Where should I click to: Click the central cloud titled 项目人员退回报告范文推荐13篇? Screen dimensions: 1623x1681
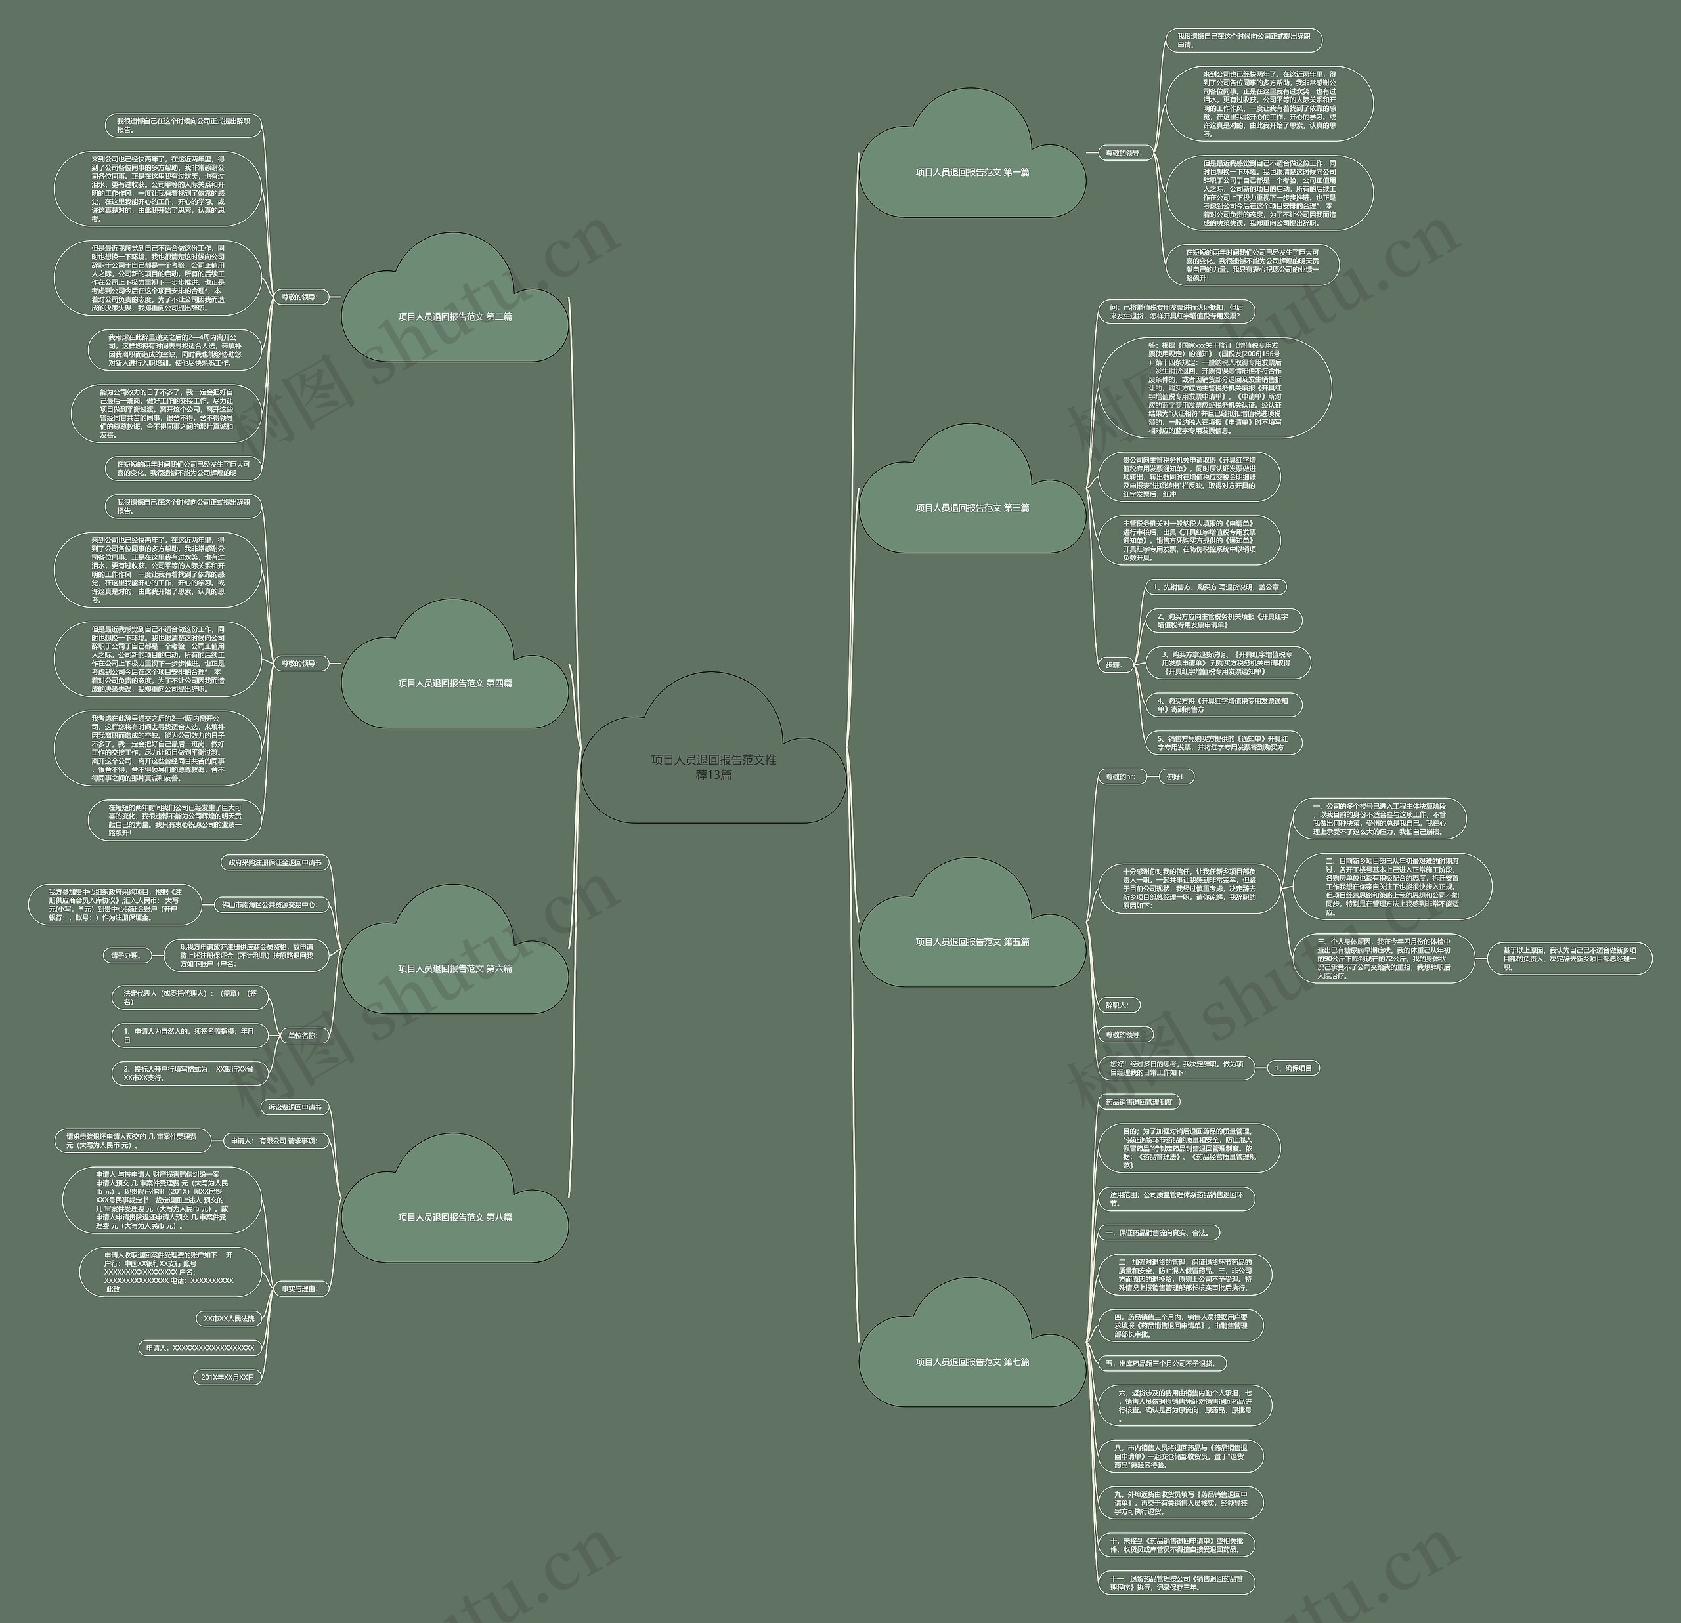[x=714, y=767]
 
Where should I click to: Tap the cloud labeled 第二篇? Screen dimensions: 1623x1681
[x=454, y=316]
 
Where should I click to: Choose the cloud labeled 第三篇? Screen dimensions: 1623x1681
[x=972, y=507]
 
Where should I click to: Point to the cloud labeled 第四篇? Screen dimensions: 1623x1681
[x=454, y=683]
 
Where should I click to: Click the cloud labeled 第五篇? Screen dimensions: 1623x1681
[x=972, y=941]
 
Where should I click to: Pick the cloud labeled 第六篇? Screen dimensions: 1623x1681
[x=454, y=968]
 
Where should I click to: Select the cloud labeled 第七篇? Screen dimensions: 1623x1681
[x=972, y=1362]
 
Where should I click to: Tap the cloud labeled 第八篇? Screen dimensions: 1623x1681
[x=454, y=1217]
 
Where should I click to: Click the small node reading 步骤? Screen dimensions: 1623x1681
[x=1113, y=664]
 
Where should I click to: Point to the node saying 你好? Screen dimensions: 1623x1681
[x=1175, y=777]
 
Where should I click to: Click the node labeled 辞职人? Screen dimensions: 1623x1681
[x=1117, y=1005]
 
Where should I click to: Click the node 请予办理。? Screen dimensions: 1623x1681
[x=125, y=955]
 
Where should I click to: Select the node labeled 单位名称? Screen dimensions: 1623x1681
[x=302, y=1035]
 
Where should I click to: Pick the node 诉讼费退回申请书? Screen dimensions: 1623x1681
[x=294, y=1107]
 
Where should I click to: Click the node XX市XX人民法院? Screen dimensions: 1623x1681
[x=229, y=1318]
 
